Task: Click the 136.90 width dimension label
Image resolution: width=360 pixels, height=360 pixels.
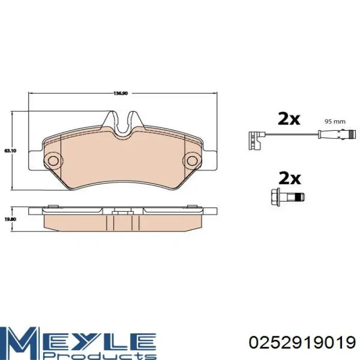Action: [120, 94]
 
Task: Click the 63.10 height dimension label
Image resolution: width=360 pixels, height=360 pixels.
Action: [10, 151]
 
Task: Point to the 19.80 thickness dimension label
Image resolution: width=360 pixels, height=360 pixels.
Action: [10, 219]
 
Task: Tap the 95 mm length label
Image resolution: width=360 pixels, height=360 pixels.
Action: [335, 121]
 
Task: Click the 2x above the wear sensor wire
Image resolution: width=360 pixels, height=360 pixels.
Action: [289, 119]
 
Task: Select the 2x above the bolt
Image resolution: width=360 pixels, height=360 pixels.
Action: [289, 178]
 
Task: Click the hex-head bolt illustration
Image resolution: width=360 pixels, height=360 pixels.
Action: [287, 197]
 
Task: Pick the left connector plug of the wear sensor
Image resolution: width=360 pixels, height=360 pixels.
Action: [255, 140]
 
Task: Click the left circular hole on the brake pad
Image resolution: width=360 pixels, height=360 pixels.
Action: [53, 160]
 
